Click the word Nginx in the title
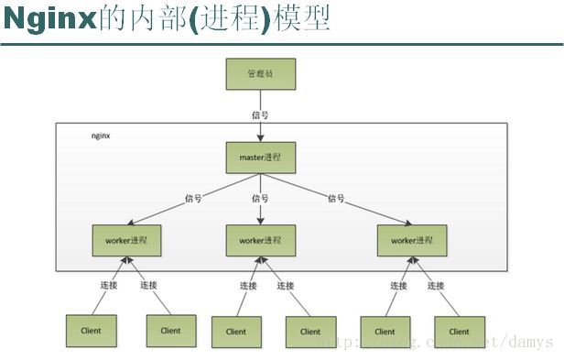tap(49, 18)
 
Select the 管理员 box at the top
tap(261, 74)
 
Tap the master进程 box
tap(261, 158)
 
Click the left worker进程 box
tap(126, 240)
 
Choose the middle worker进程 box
tap(261, 240)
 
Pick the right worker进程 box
tap(412, 240)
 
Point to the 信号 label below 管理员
tap(261, 115)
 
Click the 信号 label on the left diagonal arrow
tap(193, 198)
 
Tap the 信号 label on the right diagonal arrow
tap(337, 198)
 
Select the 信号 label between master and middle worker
tap(261, 198)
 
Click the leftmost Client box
tap(90, 331)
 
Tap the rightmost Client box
tap(460, 332)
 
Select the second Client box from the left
tap(170, 331)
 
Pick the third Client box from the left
tap(236, 332)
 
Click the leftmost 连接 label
tap(109, 286)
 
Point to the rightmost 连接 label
tap(436, 286)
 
